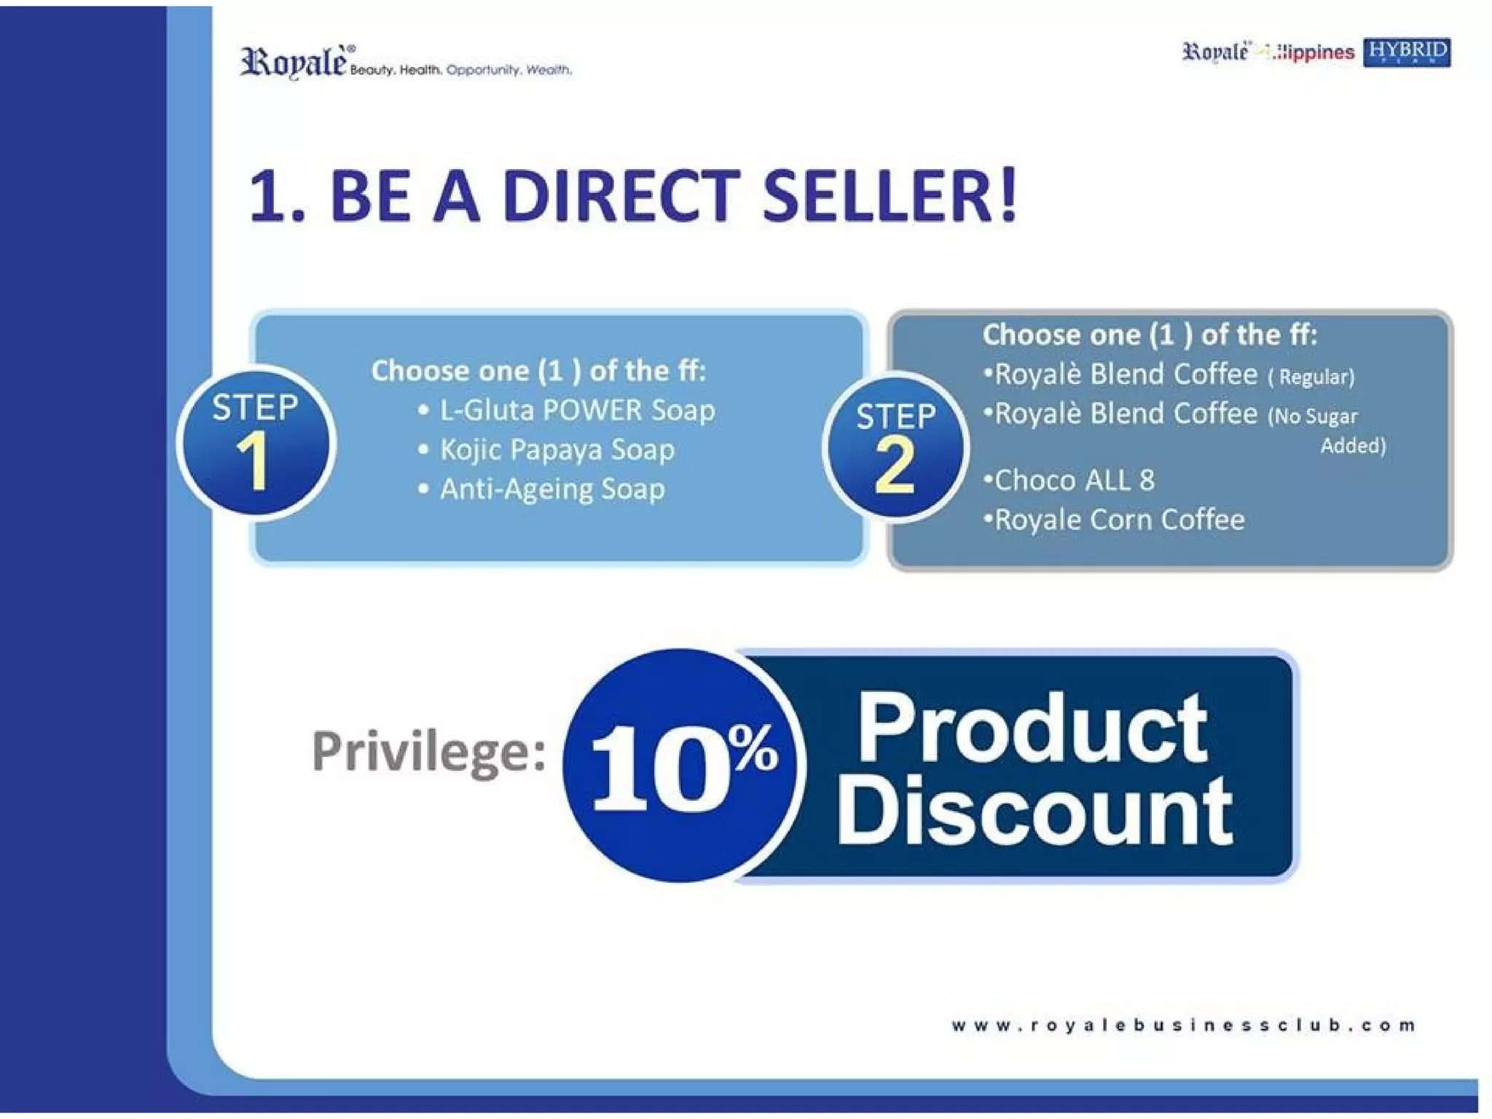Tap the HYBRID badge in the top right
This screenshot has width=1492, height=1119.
[1406, 52]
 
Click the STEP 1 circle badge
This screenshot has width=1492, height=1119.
[255, 442]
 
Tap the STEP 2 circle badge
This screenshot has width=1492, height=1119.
[895, 447]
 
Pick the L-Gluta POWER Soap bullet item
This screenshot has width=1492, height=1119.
[576, 410]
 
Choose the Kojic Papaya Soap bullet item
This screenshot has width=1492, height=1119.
[557, 449]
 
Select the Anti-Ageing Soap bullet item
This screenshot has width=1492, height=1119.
[551, 489]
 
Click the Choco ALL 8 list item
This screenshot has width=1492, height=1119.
[1074, 480]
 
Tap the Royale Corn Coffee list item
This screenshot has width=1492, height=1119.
[1119, 519]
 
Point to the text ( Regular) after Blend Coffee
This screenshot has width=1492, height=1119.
[1311, 377]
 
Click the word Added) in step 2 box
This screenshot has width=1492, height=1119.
[1353, 445]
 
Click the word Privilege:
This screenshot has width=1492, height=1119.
[428, 751]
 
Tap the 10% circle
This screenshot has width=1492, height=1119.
[682, 766]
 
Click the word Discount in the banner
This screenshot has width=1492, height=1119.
[1034, 809]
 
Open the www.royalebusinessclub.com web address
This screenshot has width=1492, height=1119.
[1183, 1025]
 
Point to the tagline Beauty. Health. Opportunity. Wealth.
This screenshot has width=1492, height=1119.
[460, 70]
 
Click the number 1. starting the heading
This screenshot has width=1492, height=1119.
[275, 197]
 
